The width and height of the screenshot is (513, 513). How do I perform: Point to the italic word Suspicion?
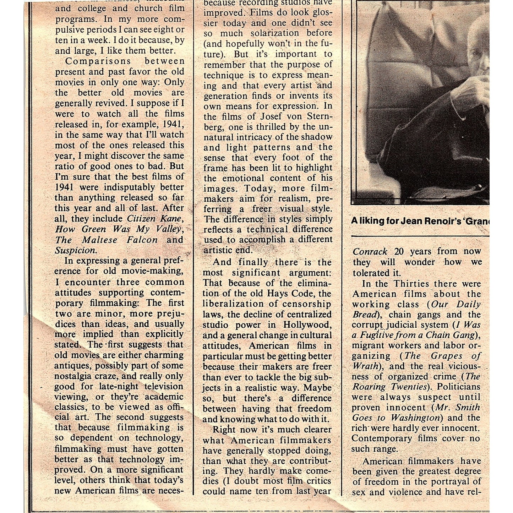point(75,250)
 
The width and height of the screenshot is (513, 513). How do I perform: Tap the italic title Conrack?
point(370,252)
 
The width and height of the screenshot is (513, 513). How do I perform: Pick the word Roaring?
point(369,387)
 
